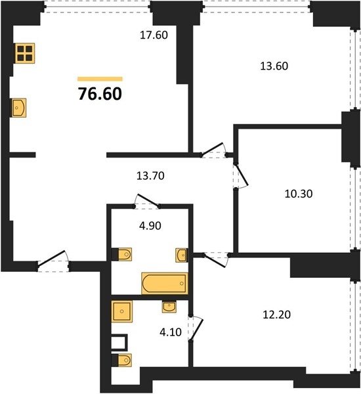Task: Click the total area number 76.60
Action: click(x=100, y=94)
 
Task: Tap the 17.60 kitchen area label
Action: click(x=154, y=35)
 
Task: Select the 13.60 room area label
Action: click(x=274, y=66)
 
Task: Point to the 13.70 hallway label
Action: click(x=150, y=175)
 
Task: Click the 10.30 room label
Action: click(x=299, y=194)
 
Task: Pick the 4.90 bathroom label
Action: click(x=150, y=226)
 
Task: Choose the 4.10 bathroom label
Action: click(x=171, y=332)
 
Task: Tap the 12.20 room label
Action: click(x=276, y=315)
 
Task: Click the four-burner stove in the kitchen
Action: click(x=25, y=53)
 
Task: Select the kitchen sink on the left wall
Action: click(x=19, y=108)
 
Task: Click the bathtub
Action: click(x=165, y=283)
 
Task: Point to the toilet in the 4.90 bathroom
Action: click(x=122, y=254)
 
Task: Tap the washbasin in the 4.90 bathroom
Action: click(x=181, y=255)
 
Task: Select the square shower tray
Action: click(x=122, y=311)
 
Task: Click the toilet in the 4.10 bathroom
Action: click(x=122, y=360)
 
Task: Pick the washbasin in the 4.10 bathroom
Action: click(x=169, y=307)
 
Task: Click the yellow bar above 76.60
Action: click(x=100, y=79)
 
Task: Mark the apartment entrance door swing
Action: click(x=53, y=261)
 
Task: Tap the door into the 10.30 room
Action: click(x=241, y=175)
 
